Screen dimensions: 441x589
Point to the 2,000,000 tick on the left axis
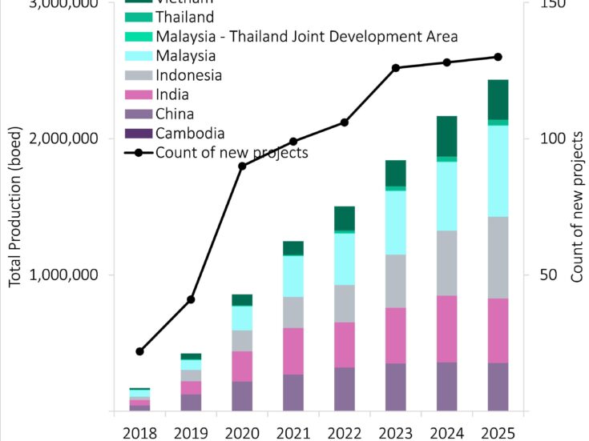pos(67,138)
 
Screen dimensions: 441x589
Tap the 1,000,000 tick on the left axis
pos(67,275)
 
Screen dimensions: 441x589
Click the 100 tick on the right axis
pos(547,138)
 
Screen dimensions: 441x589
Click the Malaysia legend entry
pos(186,56)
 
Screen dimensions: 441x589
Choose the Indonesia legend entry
pos(189,75)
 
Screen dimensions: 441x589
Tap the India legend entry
pos(172,95)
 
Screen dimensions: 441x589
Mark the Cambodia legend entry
pos(190,134)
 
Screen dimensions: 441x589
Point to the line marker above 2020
pos(242,166)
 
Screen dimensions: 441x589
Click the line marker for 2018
pos(139,351)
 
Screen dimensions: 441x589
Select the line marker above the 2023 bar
pos(396,68)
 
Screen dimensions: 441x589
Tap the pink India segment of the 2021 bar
pos(293,351)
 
